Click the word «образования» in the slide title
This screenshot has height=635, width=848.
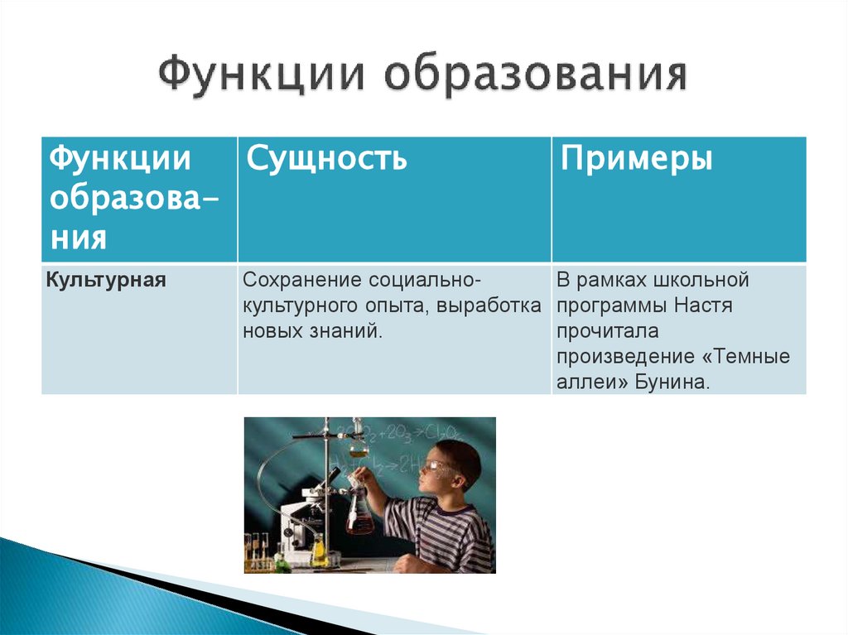pos(535,75)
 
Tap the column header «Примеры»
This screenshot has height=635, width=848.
pos(636,157)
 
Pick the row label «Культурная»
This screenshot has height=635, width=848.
pos(107,280)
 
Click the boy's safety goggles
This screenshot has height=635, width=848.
pos(437,466)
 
